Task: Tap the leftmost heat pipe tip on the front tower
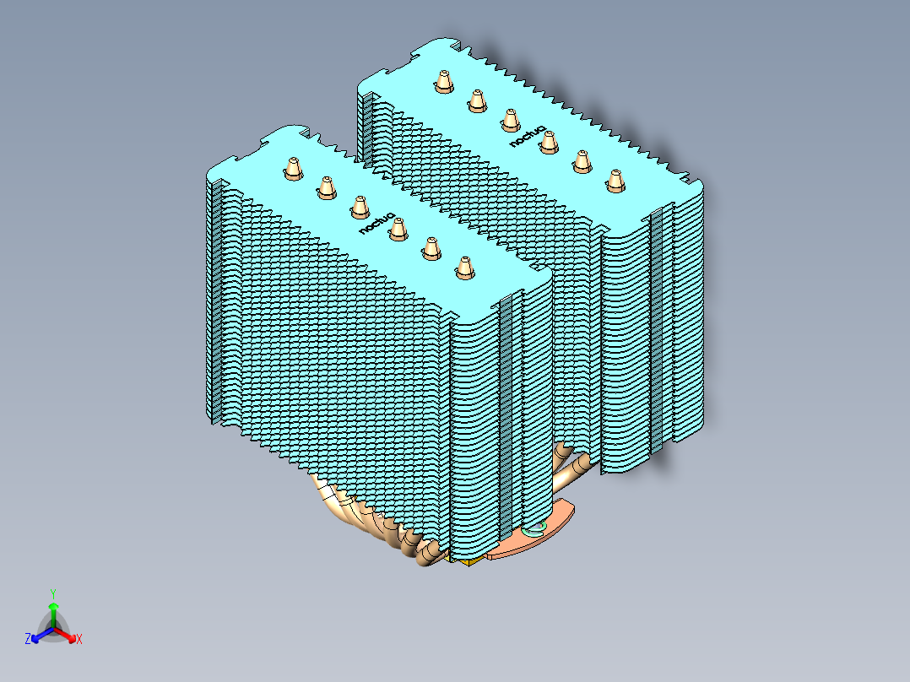(x=292, y=169)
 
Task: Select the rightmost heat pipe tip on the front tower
(x=463, y=267)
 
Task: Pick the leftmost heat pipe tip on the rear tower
(x=443, y=81)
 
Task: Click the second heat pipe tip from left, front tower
(x=326, y=187)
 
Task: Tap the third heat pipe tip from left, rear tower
(x=509, y=120)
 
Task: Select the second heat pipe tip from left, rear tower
(x=476, y=100)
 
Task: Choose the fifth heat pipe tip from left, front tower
(x=430, y=247)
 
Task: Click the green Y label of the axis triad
(x=52, y=593)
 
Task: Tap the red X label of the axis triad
(x=79, y=640)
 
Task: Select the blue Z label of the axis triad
(x=28, y=640)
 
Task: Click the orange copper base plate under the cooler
(x=515, y=544)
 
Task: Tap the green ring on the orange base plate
(x=535, y=529)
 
